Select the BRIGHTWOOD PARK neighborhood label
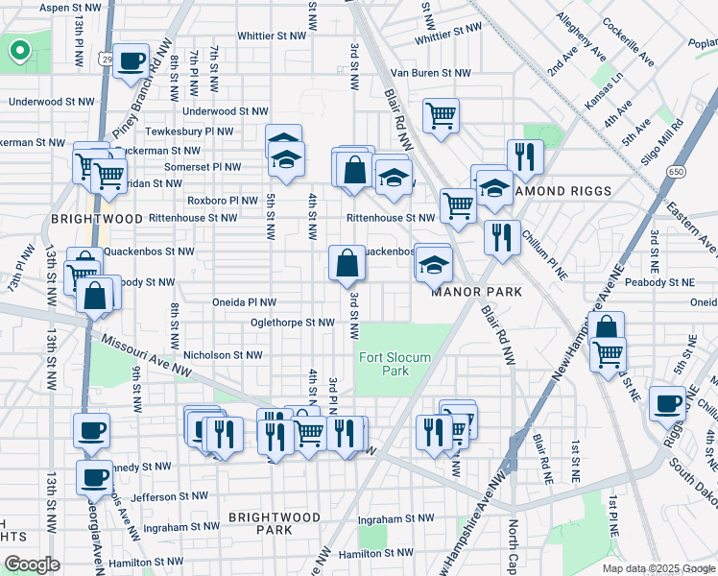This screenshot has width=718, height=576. tap(275, 523)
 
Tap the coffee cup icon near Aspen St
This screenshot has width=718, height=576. tap(132, 61)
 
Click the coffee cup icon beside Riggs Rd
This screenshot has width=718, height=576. tap(668, 403)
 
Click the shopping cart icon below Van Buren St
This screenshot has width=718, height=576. tap(441, 115)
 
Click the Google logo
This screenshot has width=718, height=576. tap(32, 564)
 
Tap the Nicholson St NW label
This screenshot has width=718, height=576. tap(222, 355)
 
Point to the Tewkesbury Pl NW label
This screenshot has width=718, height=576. tap(189, 132)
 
